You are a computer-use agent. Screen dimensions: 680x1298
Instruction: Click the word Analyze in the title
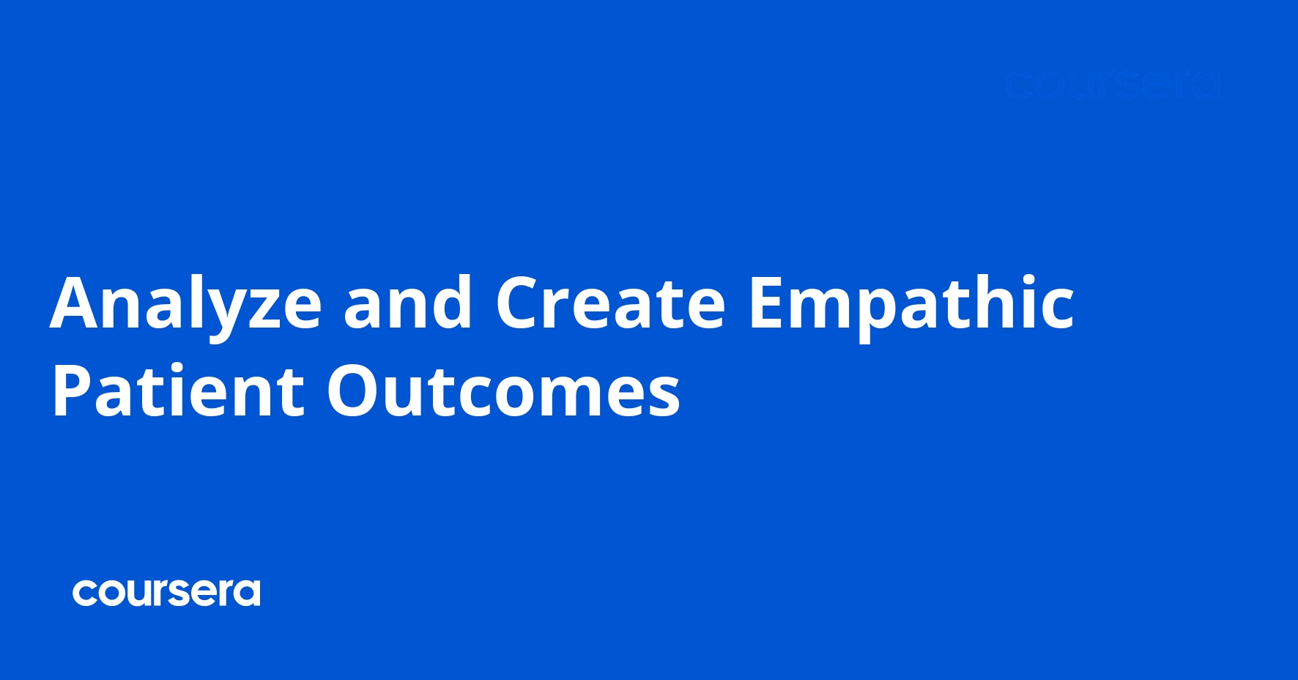[x=186, y=304]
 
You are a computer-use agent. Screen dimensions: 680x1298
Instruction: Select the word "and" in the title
[x=408, y=303]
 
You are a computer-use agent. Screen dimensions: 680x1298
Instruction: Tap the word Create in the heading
[x=610, y=303]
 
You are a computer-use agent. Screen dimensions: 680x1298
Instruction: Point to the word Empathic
[x=911, y=304]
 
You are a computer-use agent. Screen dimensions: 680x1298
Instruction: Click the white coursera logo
[x=166, y=593]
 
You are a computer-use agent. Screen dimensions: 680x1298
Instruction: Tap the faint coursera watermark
[x=1112, y=86]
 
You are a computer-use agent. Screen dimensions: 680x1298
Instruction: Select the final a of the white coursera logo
[x=248, y=594]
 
